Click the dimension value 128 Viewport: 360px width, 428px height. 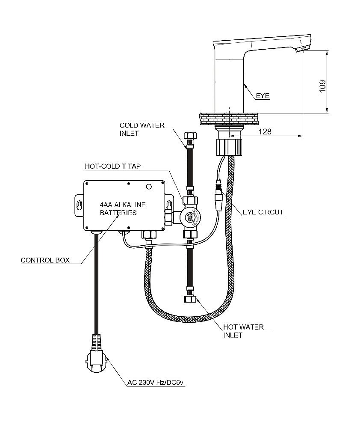[265, 132]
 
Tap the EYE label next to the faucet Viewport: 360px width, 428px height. [263, 96]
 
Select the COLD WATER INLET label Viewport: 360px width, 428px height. [142, 129]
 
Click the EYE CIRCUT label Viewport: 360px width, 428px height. [263, 212]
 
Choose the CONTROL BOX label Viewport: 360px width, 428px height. [45, 260]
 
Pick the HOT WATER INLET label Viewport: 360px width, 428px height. [243, 331]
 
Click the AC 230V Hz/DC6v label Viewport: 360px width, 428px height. [156, 383]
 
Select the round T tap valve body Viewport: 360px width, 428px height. [189, 217]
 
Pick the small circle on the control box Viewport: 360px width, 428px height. [149, 187]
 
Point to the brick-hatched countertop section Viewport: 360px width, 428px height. [229, 116]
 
